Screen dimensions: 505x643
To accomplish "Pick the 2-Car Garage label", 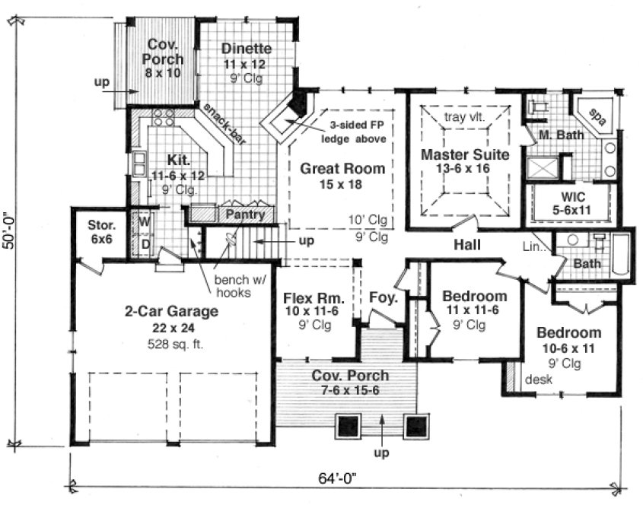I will pos(172,311).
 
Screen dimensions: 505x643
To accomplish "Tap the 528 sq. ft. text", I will pos(172,341).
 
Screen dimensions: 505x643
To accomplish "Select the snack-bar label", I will pos(218,124).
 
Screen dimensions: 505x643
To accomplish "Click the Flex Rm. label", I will pos(309,297).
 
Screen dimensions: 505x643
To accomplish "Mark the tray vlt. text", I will pos(465,117).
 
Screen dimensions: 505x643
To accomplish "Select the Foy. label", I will pos(383,298).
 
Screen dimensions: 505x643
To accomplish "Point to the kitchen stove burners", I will pos(162,118).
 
